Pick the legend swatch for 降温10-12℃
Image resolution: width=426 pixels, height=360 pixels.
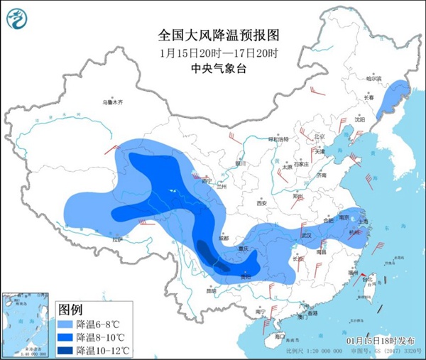(x=66, y=350)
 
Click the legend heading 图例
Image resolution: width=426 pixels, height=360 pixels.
(x=70, y=310)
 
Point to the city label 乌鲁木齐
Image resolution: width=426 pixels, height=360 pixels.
(x=112, y=103)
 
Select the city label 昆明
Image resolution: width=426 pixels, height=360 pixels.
(x=211, y=290)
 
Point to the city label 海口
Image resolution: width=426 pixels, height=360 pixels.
(x=279, y=336)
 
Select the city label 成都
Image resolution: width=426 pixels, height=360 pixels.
(x=224, y=239)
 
